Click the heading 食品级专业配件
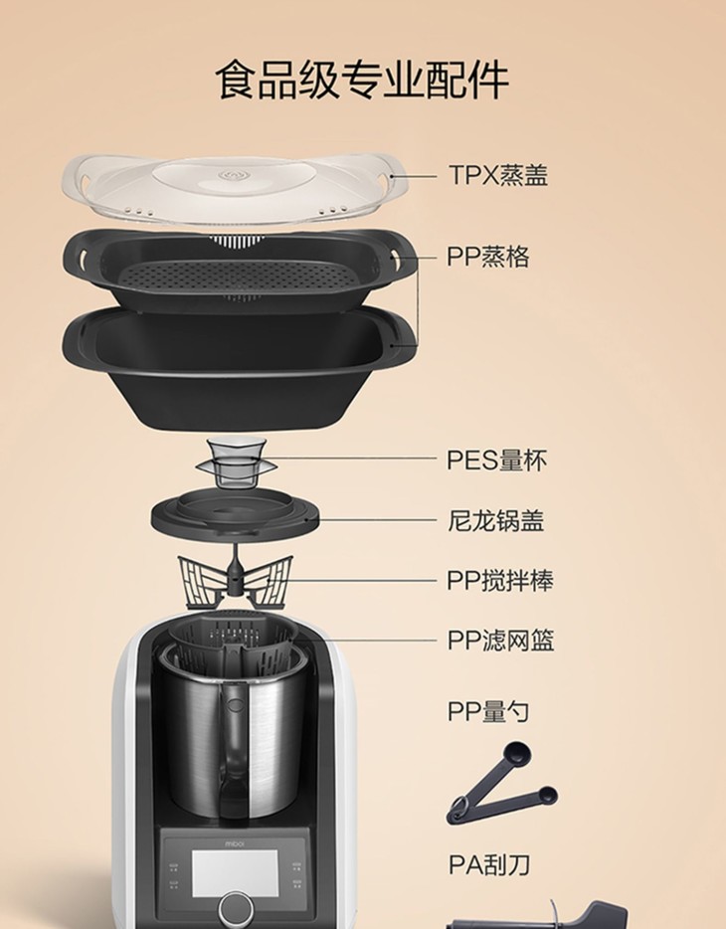pyautogui.click(x=362, y=80)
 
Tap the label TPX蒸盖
pyautogui.click(x=498, y=175)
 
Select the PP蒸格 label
pyautogui.click(x=488, y=257)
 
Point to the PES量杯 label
pyautogui.click(x=496, y=461)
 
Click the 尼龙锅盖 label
pyautogui.click(x=495, y=521)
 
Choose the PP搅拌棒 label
pyautogui.click(x=500, y=581)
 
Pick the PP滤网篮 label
pyautogui.click(x=500, y=641)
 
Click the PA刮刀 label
pyautogui.click(x=489, y=865)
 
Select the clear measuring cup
pyautogui.click(x=237, y=464)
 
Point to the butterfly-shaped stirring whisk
pyautogui.click(x=236, y=580)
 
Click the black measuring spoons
pyautogui.click(x=502, y=783)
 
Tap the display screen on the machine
pyautogui.click(x=235, y=874)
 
